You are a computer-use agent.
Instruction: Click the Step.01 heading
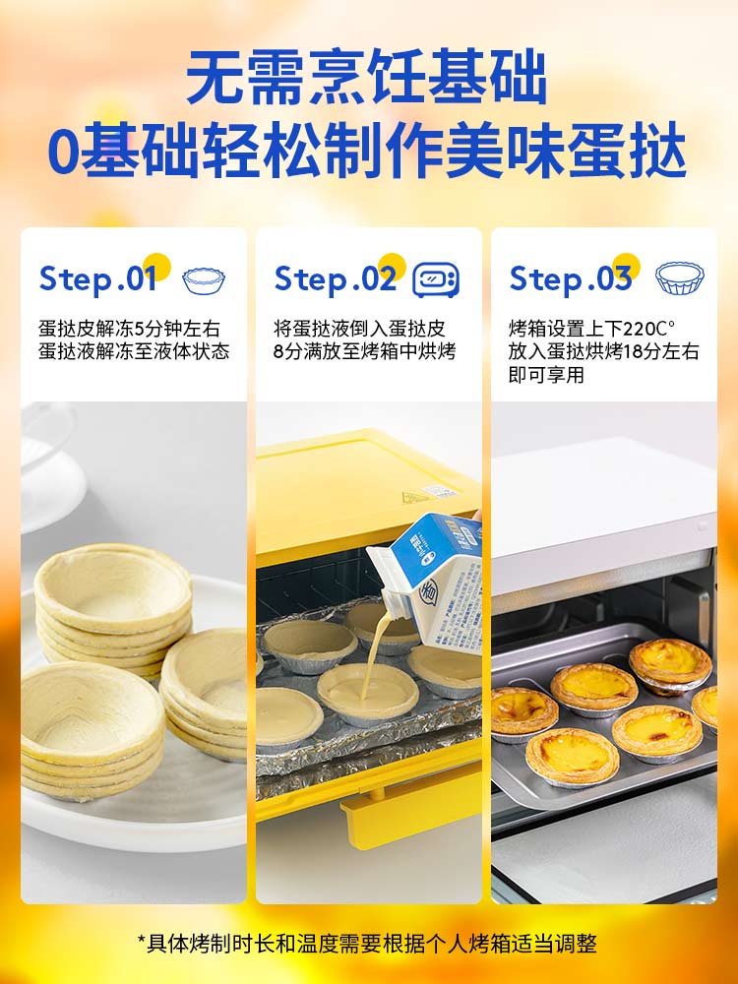[97, 278]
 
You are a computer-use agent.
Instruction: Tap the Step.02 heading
[336, 278]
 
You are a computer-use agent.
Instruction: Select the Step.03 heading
[571, 278]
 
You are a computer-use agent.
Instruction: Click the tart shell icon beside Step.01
[204, 280]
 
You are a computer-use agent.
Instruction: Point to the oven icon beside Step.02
[436, 279]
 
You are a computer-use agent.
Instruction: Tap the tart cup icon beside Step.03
[680, 278]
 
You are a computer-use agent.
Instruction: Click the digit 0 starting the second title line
[63, 153]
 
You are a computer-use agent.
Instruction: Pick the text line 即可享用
[546, 375]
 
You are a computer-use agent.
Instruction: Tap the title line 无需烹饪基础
[368, 78]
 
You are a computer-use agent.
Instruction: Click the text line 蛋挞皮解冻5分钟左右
[129, 329]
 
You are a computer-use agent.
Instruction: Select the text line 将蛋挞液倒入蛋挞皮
[359, 329]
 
